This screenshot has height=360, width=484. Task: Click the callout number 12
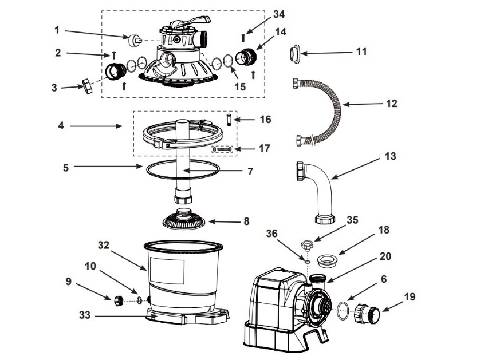(x=391, y=104)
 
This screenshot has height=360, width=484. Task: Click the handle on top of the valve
(x=193, y=22)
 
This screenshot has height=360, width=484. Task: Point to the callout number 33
(x=85, y=315)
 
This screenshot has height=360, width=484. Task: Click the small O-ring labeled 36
(x=308, y=262)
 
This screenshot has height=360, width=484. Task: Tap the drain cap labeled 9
(x=119, y=300)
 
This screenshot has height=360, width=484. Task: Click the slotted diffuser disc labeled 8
(x=184, y=220)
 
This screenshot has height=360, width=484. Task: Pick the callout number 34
(x=279, y=14)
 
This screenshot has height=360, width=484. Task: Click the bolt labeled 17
(x=223, y=149)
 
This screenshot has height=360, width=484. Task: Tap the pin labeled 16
(x=229, y=120)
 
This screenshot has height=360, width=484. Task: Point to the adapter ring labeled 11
(x=295, y=54)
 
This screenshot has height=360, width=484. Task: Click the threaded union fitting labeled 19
(x=367, y=313)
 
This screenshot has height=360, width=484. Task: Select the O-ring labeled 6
(x=344, y=311)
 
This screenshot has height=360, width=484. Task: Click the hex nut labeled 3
(x=88, y=86)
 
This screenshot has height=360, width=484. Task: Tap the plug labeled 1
(x=135, y=40)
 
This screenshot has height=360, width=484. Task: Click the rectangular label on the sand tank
(x=167, y=271)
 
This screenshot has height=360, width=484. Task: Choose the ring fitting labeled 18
(x=328, y=259)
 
